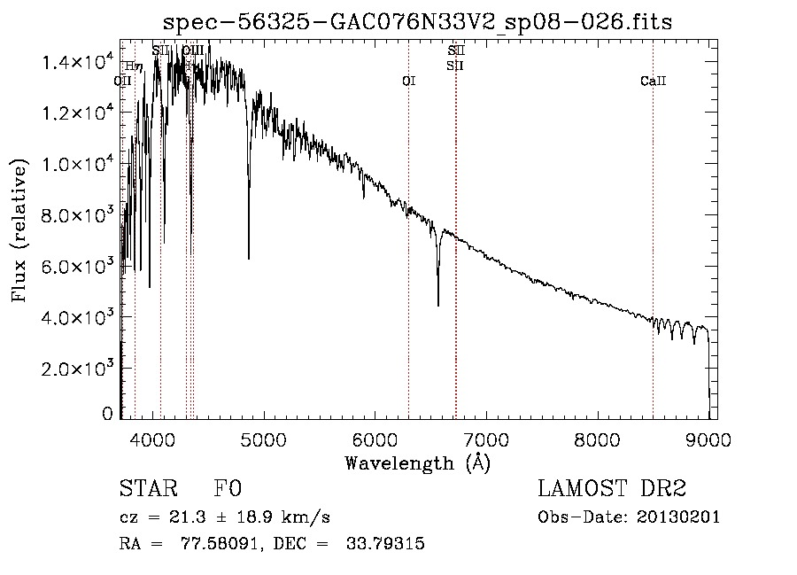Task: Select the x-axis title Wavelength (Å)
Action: click(417, 462)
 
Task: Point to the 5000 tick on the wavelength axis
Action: click(264, 437)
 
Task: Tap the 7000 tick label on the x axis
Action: click(486, 437)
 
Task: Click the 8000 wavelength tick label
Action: click(597, 437)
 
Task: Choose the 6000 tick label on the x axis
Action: click(375, 437)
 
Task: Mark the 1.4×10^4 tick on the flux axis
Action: click(79, 62)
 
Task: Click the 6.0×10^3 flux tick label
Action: click(79, 267)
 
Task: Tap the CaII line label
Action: click(653, 82)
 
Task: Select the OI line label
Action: click(408, 82)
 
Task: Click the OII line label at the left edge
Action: click(123, 82)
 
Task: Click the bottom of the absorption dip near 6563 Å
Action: click(437, 306)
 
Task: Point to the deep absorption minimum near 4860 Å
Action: click(249, 258)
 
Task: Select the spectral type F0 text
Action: click(228, 490)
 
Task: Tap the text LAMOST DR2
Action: click(612, 490)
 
